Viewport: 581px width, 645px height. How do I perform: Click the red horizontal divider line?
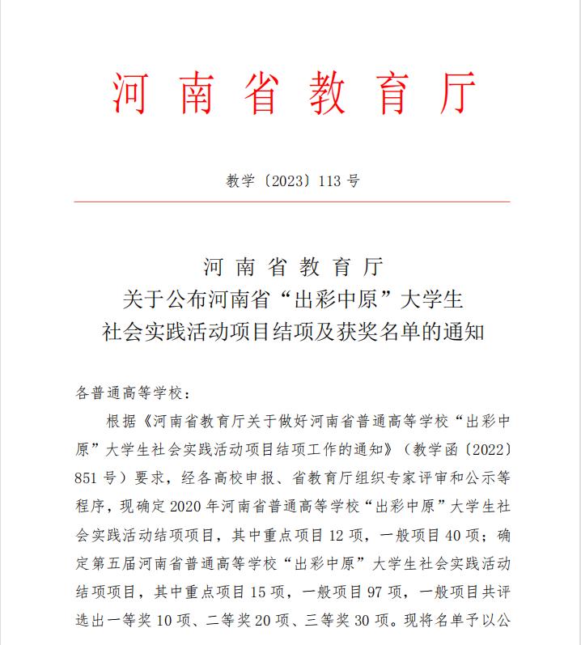291,202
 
